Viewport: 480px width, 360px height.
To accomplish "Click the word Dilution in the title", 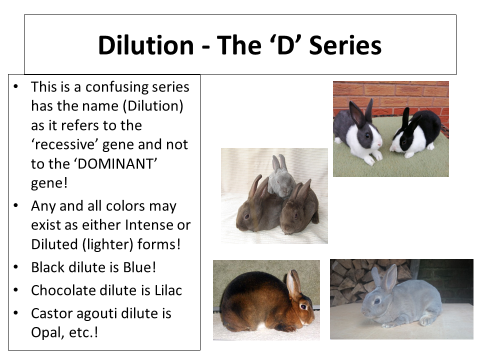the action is (146, 45).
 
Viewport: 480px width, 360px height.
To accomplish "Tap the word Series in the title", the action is (345, 45).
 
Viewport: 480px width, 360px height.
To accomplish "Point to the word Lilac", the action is (168, 290).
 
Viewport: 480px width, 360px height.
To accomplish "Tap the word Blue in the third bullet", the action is (137, 267).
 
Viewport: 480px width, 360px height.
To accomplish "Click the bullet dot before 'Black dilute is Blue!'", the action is (16, 267).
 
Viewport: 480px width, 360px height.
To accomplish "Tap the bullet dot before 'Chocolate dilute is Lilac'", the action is (16, 290).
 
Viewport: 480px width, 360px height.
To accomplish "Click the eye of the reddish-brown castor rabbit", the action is (303, 306).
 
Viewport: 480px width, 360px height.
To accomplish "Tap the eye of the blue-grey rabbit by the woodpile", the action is (377, 301).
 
